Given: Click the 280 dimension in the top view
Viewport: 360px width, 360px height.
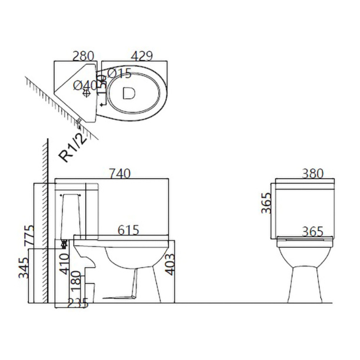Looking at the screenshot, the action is click(84, 56).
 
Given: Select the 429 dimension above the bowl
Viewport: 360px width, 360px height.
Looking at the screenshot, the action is click(142, 56).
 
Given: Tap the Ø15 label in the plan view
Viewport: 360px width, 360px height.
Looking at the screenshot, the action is click(119, 74).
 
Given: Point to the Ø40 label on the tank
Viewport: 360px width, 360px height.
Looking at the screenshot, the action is click(85, 86).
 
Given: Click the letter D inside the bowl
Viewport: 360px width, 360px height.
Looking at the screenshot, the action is click(129, 93).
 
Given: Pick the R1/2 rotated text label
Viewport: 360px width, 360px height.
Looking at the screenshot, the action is click(73, 148).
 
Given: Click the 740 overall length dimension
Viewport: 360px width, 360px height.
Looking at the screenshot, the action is click(120, 174).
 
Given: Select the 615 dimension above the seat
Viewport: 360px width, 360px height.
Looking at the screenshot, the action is click(129, 230).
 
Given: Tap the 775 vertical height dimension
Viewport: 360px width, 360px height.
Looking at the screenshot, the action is click(29, 235).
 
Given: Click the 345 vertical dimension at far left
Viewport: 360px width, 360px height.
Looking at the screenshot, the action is click(24, 268).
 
